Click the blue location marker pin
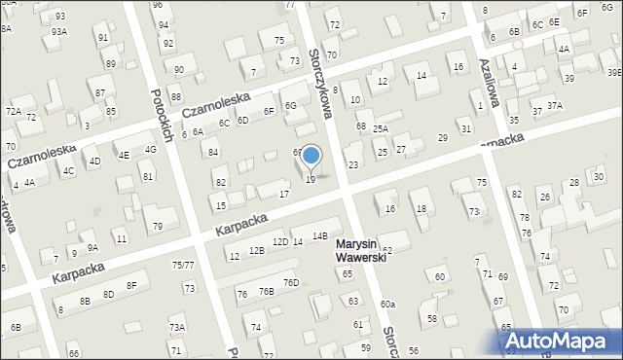311,157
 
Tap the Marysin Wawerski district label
361,250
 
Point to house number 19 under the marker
311,179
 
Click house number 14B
319,235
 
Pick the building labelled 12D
279,241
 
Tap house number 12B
256,251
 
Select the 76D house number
290,283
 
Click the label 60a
387,305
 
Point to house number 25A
380,128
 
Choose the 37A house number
554,105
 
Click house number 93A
59,31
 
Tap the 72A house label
13,113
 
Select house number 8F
131,285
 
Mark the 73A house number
176,328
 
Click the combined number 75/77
183,265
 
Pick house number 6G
290,105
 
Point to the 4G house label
150,150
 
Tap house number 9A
92,247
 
